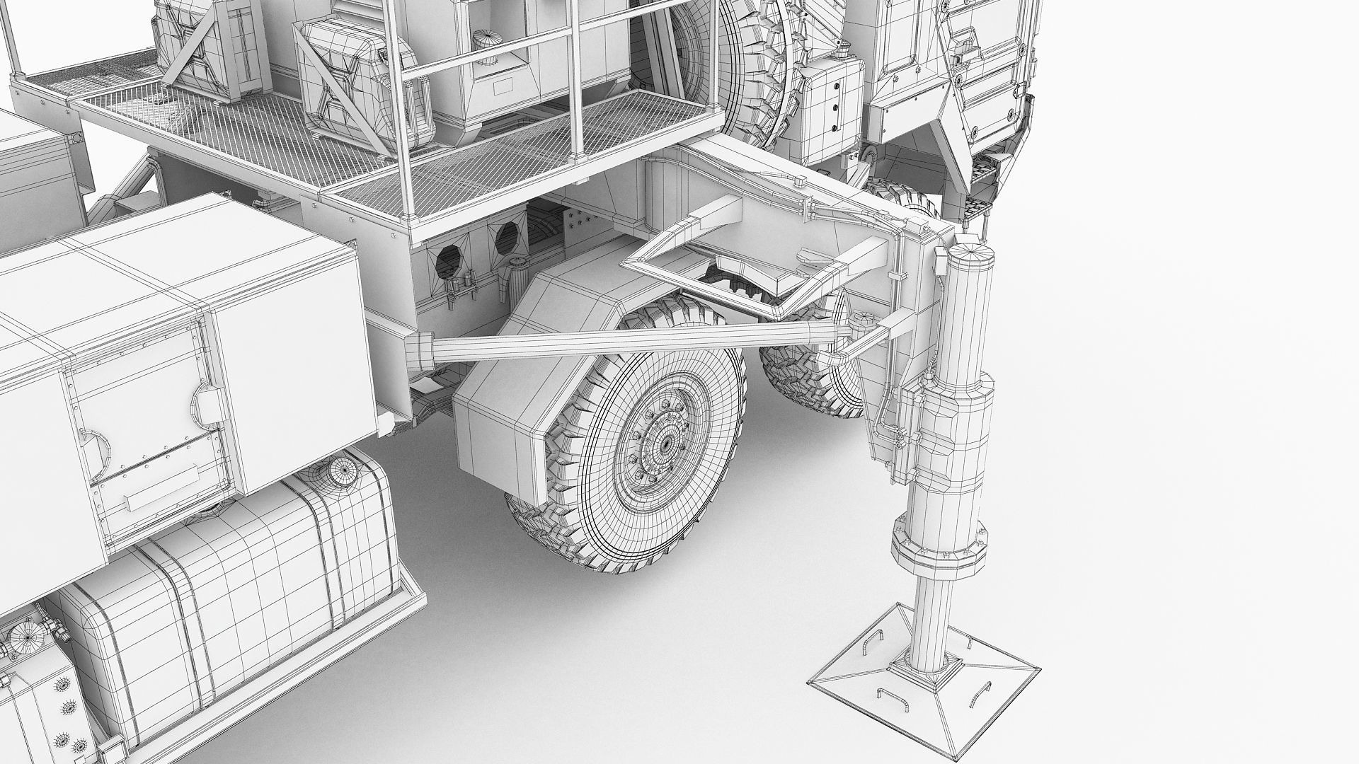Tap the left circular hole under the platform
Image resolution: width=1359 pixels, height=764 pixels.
click(447, 258)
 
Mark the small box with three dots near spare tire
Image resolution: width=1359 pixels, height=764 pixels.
click(835, 99)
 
